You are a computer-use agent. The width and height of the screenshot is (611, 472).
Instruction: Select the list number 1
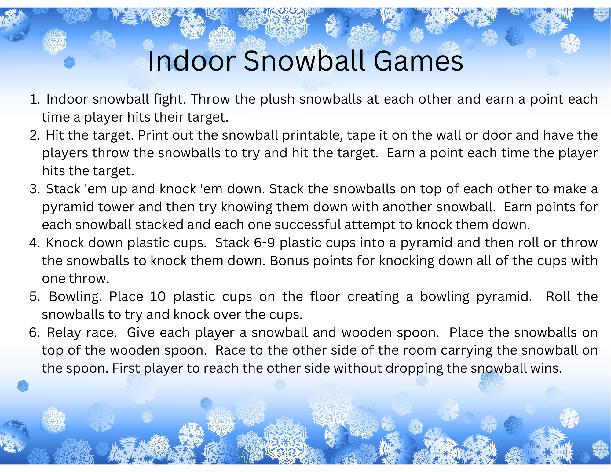(35, 100)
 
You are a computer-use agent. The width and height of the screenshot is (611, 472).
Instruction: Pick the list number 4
(35, 243)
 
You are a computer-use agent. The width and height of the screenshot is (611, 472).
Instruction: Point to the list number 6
(35, 333)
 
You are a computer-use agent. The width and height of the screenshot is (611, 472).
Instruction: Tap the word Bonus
(289, 261)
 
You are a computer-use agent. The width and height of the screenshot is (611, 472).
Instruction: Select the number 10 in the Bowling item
(158, 297)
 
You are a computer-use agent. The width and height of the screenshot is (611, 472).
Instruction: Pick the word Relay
(64, 333)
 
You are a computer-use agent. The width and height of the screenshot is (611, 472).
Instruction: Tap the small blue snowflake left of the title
(70, 63)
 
